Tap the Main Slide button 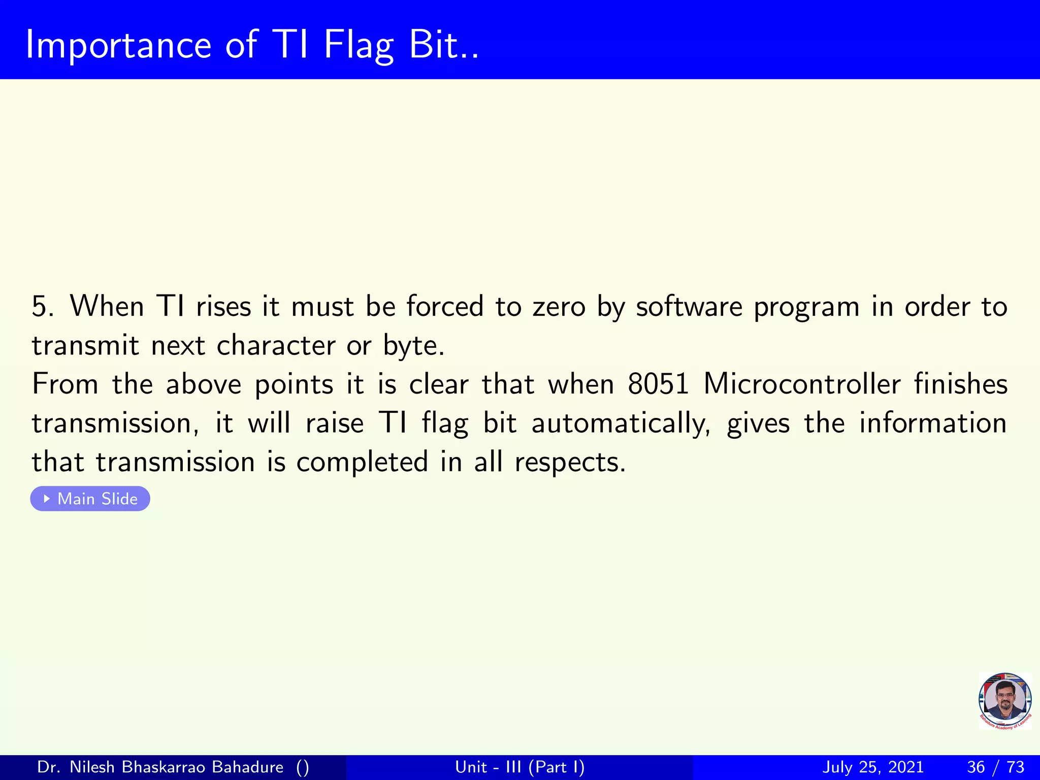pyautogui.click(x=90, y=499)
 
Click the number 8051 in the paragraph pyautogui.click(x=658, y=384)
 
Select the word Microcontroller pyautogui.click(x=802, y=384)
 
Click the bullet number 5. pyautogui.click(x=42, y=307)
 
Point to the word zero pyautogui.click(x=559, y=307)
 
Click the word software pyautogui.click(x=689, y=307)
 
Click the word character pyautogui.click(x=276, y=346)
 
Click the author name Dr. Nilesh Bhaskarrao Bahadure pyautogui.click(x=160, y=767)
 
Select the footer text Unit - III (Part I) pyautogui.click(x=520, y=767)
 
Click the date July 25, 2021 pyautogui.click(x=872, y=767)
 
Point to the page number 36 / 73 pyautogui.click(x=995, y=767)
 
